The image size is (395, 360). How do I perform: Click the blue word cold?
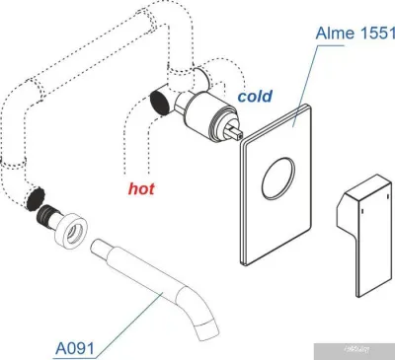(x=254, y=98)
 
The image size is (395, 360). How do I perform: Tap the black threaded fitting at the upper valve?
(x=156, y=99)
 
